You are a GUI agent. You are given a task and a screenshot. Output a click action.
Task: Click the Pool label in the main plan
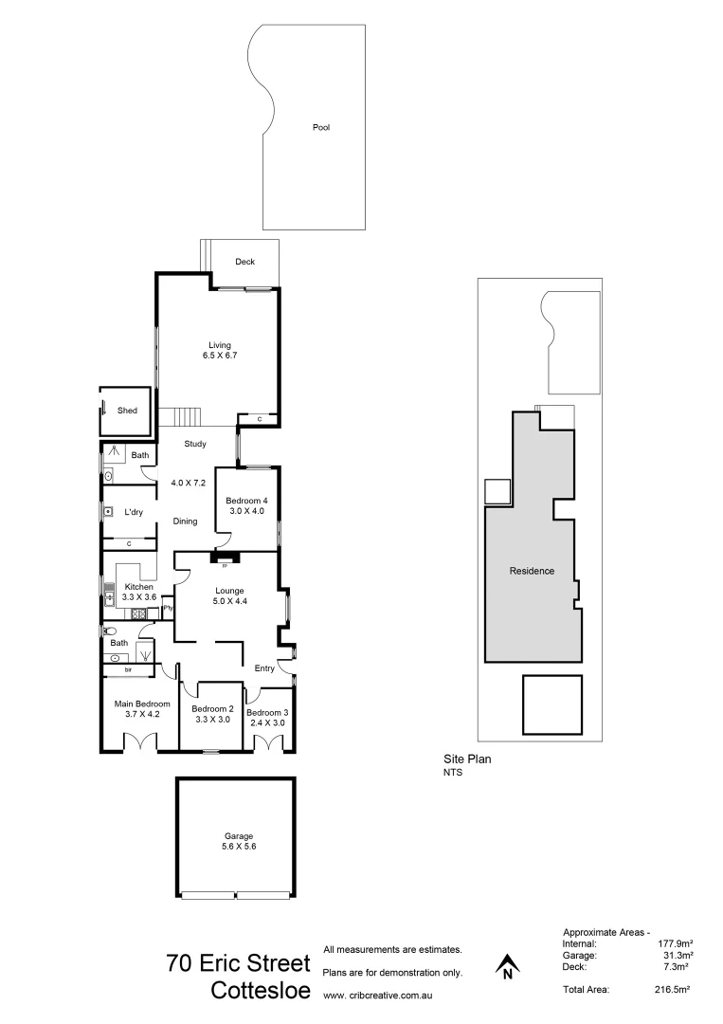click(321, 127)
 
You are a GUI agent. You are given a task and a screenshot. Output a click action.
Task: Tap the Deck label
click(245, 262)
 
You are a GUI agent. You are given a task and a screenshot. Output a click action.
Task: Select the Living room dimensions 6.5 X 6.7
click(219, 356)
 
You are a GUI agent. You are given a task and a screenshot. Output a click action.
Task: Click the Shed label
click(127, 411)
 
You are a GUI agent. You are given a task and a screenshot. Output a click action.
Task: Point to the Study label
click(195, 443)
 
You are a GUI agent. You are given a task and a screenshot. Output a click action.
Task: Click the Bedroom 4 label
click(248, 501)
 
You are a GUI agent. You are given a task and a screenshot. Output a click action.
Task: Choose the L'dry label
click(134, 513)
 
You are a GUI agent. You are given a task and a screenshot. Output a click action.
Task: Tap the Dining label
click(185, 521)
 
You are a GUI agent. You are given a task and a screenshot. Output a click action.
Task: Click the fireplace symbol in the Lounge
click(225, 559)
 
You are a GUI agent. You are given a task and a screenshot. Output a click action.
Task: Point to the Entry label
click(265, 668)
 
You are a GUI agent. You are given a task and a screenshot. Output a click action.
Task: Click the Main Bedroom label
click(141, 704)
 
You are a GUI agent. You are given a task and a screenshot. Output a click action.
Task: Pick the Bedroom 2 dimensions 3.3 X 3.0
click(212, 720)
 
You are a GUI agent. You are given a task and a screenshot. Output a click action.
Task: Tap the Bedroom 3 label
click(266, 712)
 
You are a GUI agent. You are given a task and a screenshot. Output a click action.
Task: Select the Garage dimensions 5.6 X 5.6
click(238, 847)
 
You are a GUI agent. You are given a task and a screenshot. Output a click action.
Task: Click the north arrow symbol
click(508, 966)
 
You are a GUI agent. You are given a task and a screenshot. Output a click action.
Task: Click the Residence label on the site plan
click(532, 571)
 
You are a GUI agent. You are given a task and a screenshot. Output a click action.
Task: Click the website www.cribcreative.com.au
click(378, 996)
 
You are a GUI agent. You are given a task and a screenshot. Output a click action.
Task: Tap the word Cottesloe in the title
click(260, 991)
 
